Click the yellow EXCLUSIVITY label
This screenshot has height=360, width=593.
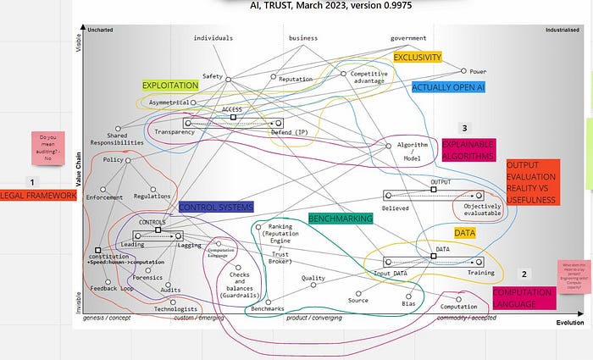[x=418, y=58]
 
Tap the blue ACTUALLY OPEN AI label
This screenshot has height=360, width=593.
[x=449, y=86]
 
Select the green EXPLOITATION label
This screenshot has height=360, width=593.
[x=169, y=86]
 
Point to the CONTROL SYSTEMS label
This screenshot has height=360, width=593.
[x=216, y=207]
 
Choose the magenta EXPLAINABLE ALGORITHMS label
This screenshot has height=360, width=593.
[x=468, y=150]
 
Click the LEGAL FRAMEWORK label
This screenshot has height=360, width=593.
[x=38, y=196]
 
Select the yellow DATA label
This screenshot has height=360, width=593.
[x=464, y=231]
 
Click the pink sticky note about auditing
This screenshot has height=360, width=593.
[x=48, y=147]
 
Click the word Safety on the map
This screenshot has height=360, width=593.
[x=212, y=76]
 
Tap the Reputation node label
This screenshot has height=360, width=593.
[x=296, y=79]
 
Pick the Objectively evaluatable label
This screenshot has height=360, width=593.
[x=483, y=209]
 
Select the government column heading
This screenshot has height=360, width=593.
[x=408, y=38]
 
